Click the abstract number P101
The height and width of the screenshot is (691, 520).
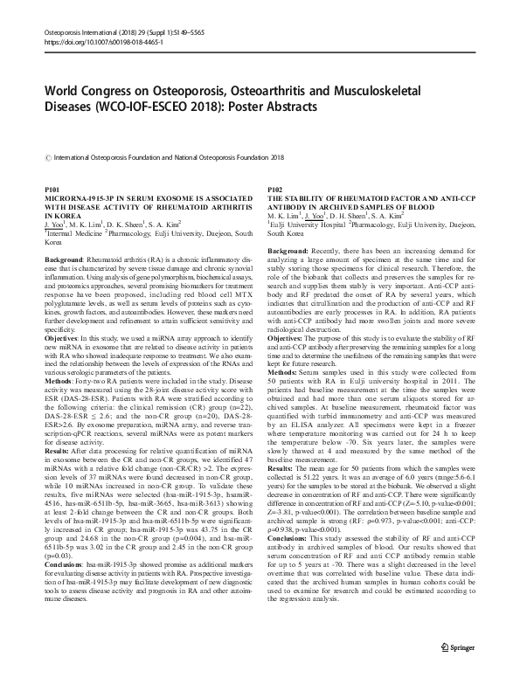[52, 190]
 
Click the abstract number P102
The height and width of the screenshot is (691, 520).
[273, 190]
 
